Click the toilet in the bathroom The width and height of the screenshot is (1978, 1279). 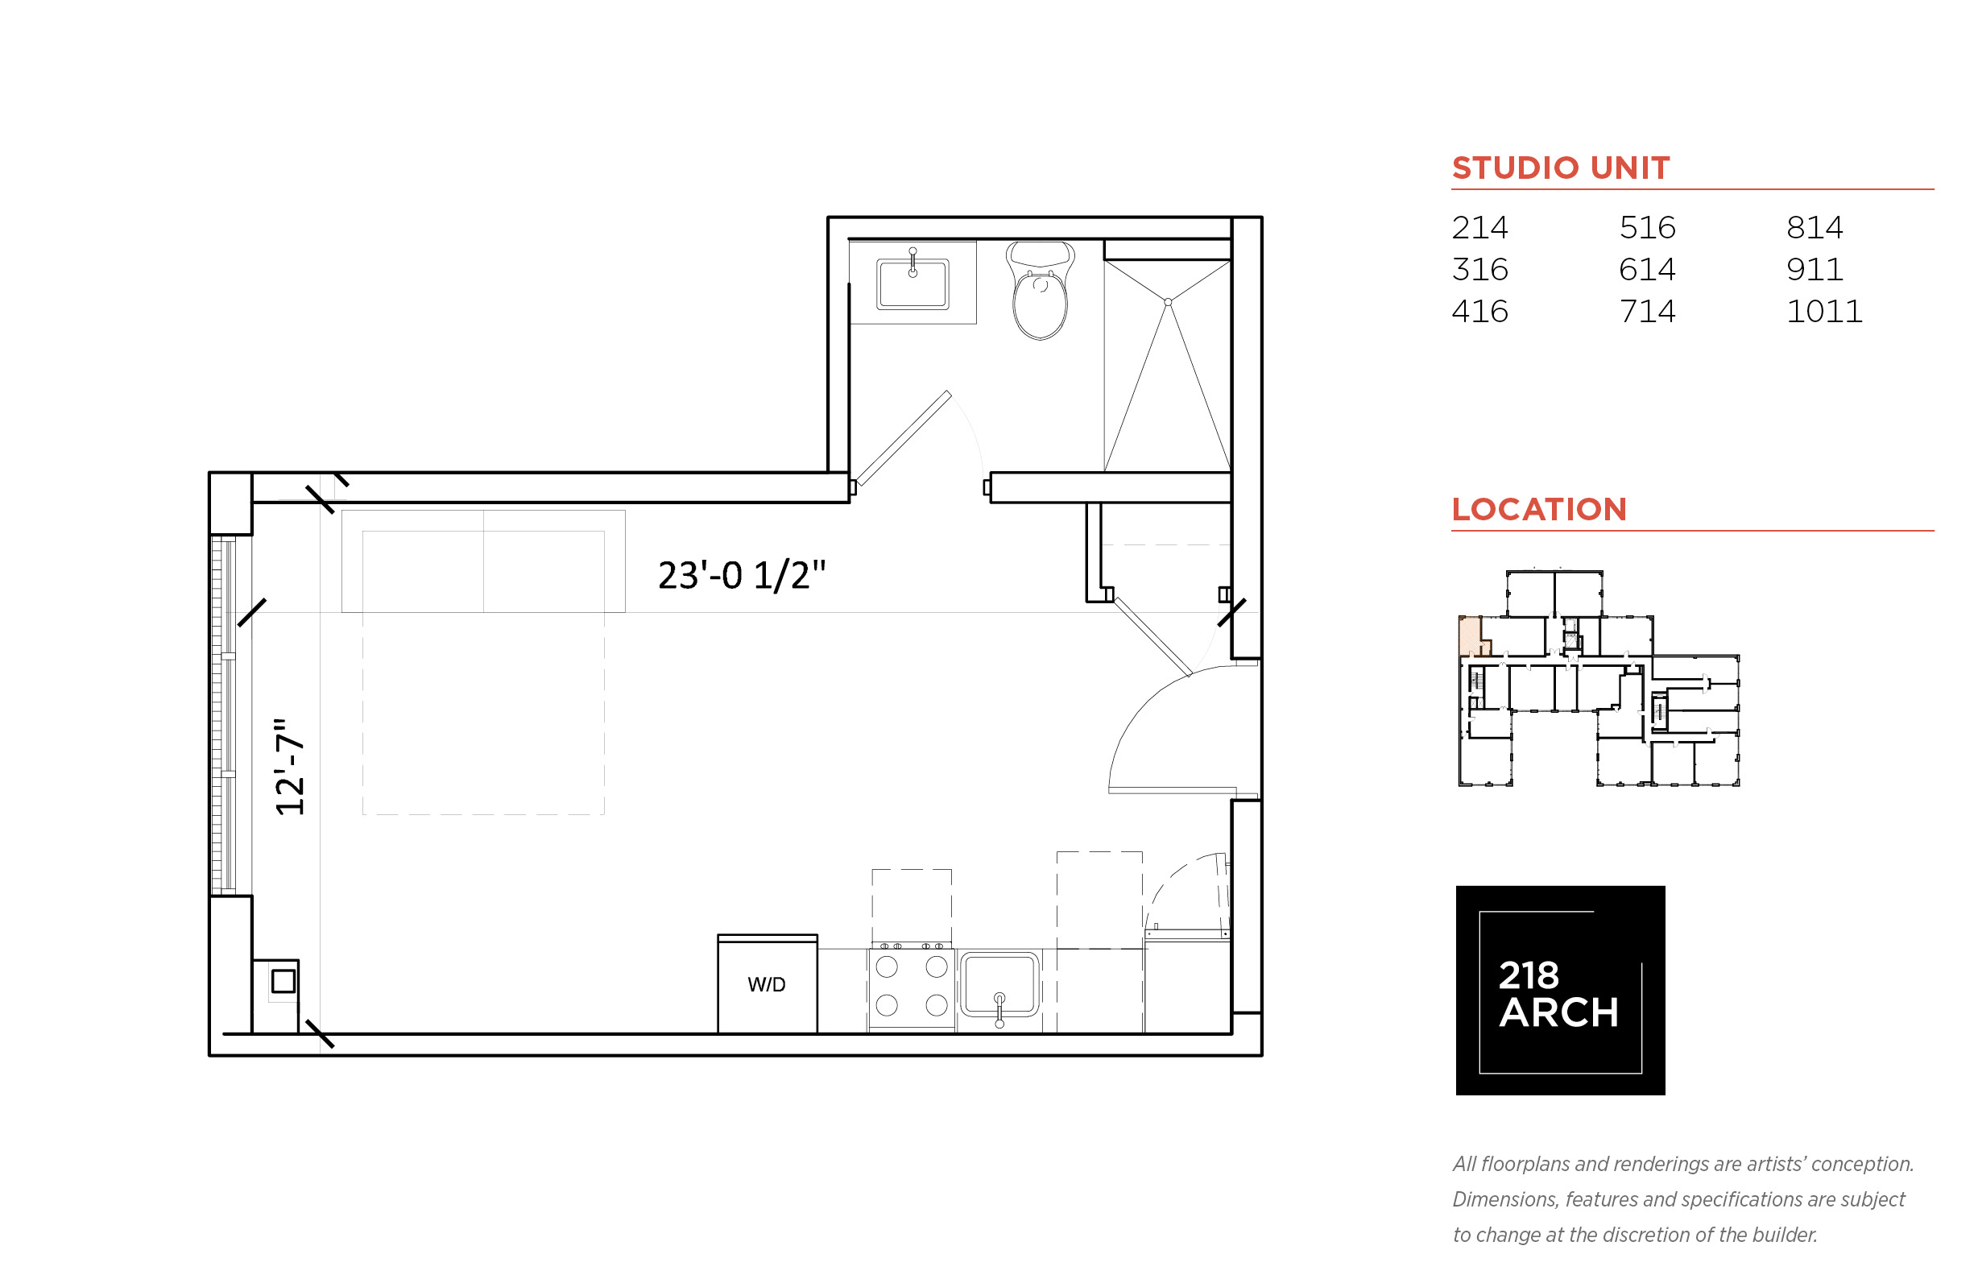click(1040, 290)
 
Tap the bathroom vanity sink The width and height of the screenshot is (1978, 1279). click(912, 284)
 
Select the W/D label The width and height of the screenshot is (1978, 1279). click(766, 984)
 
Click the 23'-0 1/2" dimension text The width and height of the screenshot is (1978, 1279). click(742, 575)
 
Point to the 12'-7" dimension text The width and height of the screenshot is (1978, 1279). click(290, 767)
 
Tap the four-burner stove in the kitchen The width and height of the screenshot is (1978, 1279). click(912, 986)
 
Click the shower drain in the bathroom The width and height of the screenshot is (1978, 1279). click(1168, 302)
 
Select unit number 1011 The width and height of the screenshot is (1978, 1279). click(1823, 312)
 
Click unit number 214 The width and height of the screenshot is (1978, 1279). click(1479, 228)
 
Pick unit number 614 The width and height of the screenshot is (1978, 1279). click(1647, 270)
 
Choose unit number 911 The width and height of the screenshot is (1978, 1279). click(1815, 270)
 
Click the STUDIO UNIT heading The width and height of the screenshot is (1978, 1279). click(1560, 168)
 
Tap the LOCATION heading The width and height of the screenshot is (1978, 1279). click(1539, 509)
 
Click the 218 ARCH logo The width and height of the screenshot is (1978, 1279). click(1559, 990)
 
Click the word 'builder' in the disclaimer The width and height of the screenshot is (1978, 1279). click(1785, 1235)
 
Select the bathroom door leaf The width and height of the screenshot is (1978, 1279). click(904, 437)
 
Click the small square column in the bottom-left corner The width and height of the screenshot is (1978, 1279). click(283, 981)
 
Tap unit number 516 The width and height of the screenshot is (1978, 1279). click(1647, 228)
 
